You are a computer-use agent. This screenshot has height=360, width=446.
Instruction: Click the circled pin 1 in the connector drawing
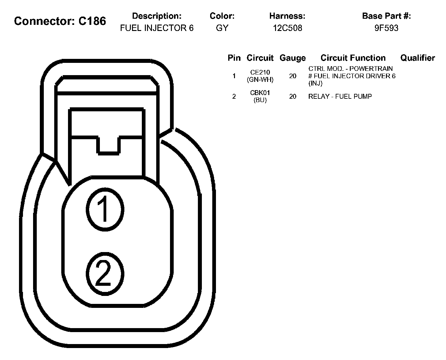pos(105,210)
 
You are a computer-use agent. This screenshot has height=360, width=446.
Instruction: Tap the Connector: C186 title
pos(60,21)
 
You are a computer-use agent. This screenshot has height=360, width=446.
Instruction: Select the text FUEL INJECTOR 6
pos(157,28)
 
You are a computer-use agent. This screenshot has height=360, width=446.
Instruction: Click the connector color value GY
pos(222,28)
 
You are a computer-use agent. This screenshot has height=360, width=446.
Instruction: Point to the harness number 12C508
pos(287,28)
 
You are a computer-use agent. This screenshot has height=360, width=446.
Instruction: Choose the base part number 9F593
pos(386,28)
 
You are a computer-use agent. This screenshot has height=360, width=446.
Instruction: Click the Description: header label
pos(157,16)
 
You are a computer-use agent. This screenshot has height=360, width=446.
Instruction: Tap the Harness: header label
pos(287,16)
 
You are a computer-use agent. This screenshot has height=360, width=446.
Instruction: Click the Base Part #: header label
pos(386,16)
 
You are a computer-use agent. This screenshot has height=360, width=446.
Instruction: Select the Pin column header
pos(234,58)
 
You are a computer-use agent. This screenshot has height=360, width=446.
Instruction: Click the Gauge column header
pos(293,58)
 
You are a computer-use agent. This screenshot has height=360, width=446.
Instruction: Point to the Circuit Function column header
pos(353,58)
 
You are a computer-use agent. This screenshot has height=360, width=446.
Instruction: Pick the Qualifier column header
pos(418,58)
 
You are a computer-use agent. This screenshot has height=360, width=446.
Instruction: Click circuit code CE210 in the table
pos(260,72)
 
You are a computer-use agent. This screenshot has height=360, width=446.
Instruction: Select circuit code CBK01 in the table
pos(260,93)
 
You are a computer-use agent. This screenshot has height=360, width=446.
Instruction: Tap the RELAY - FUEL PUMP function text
pos(340,97)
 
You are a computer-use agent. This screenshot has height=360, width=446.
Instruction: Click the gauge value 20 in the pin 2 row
pos(293,97)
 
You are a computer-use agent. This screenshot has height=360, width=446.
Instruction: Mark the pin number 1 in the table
pos(234,76)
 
